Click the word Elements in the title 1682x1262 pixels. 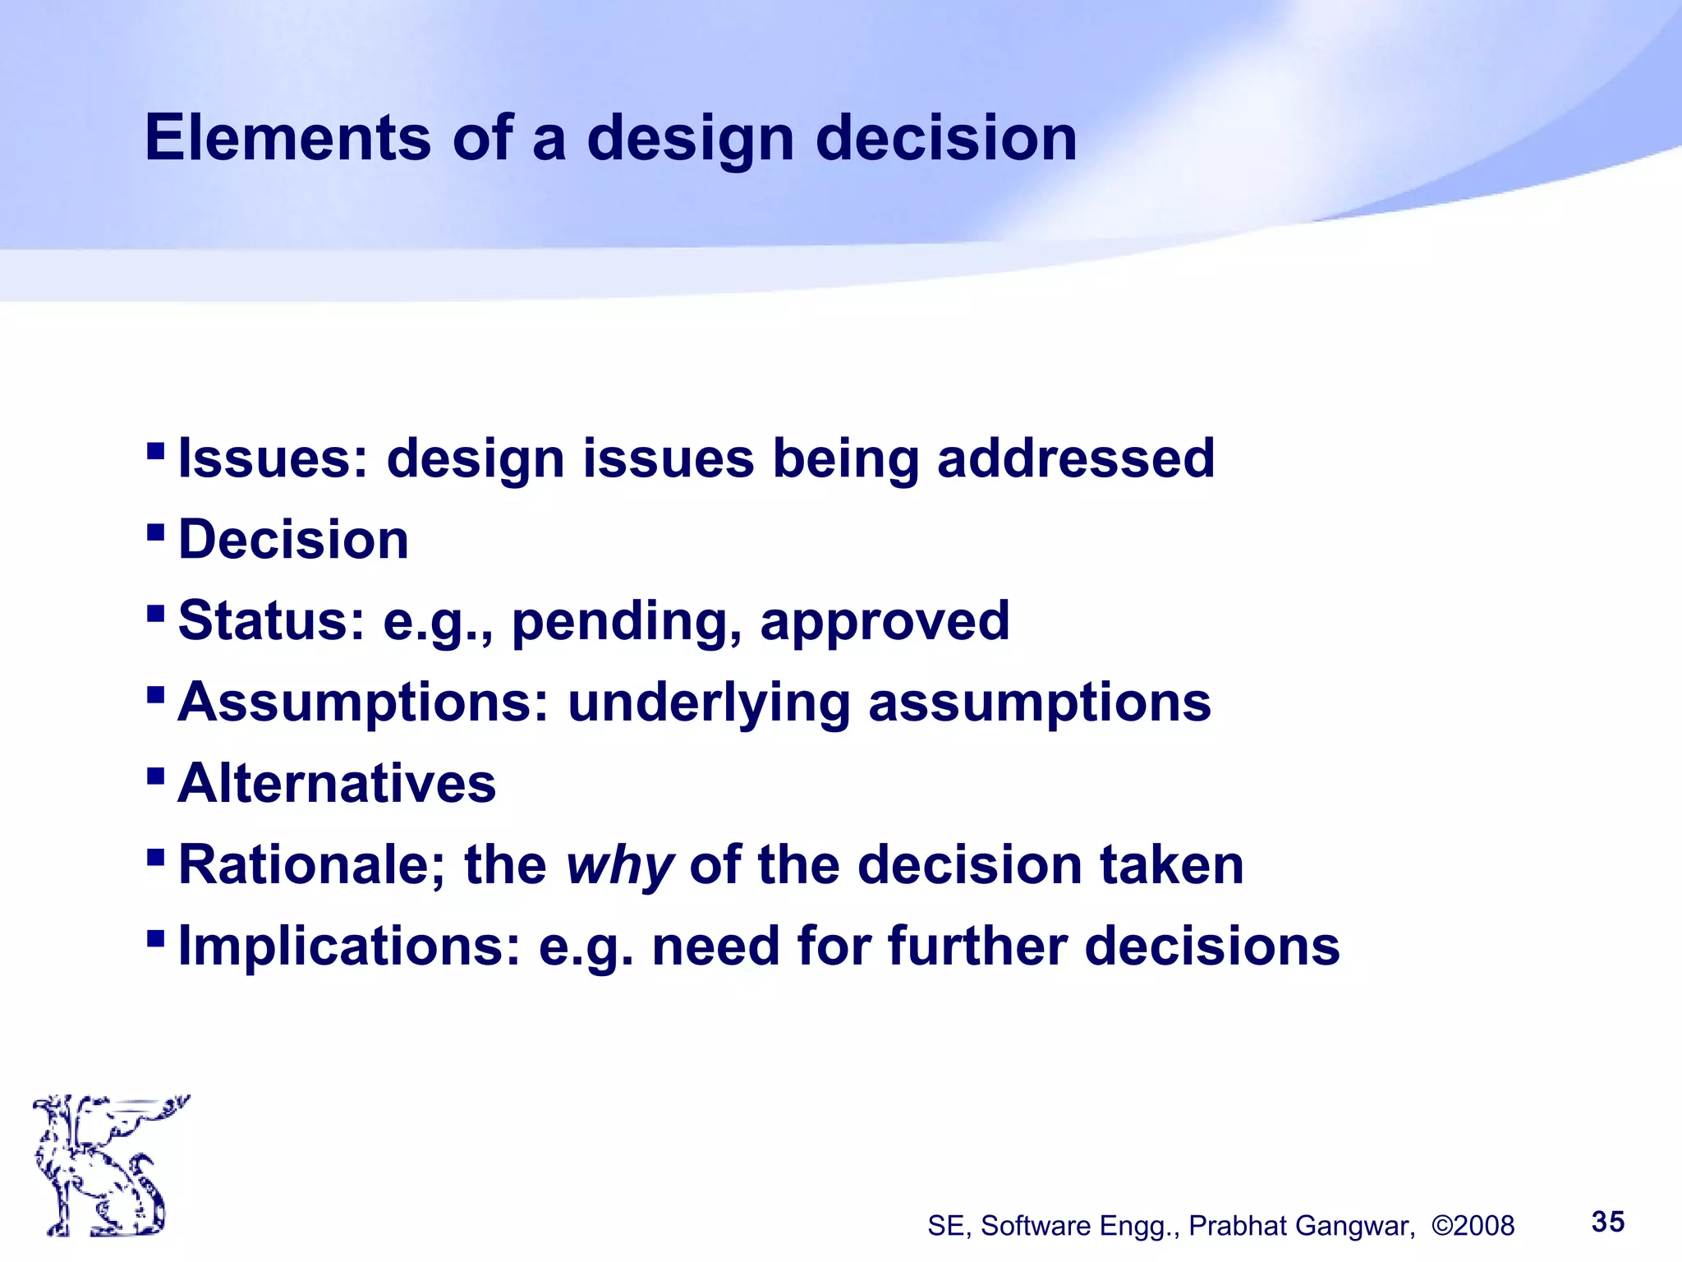pos(287,137)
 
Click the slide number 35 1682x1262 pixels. pos(1607,1222)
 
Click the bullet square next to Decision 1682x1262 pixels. pos(155,532)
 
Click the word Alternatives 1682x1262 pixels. pos(337,783)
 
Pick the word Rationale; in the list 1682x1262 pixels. pos(311,865)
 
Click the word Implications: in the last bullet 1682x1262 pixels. pos(349,946)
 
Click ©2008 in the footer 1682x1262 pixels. pos(1473,1225)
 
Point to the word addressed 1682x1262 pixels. pos(1075,458)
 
